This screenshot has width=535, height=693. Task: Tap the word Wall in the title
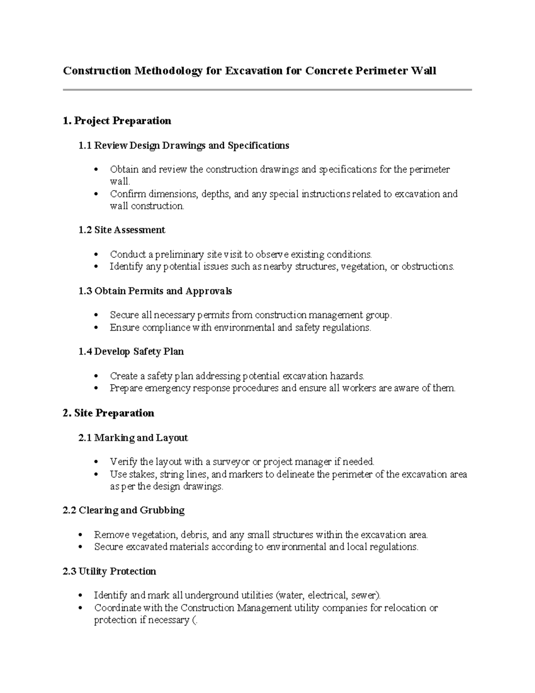pos(424,71)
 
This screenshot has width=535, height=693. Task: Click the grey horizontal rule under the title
pos(267,90)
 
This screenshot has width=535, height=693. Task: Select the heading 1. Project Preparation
pos(117,121)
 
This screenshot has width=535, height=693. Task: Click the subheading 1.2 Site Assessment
pos(121,230)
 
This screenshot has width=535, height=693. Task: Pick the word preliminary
pos(179,255)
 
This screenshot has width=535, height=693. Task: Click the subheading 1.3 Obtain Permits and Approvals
pos(155,291)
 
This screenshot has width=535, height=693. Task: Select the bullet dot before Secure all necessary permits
pos(96,315)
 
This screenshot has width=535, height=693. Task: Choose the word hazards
pos(346,376)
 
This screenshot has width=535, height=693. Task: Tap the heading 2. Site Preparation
pos(108,413)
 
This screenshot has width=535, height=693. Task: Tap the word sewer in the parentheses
pos(364,596)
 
